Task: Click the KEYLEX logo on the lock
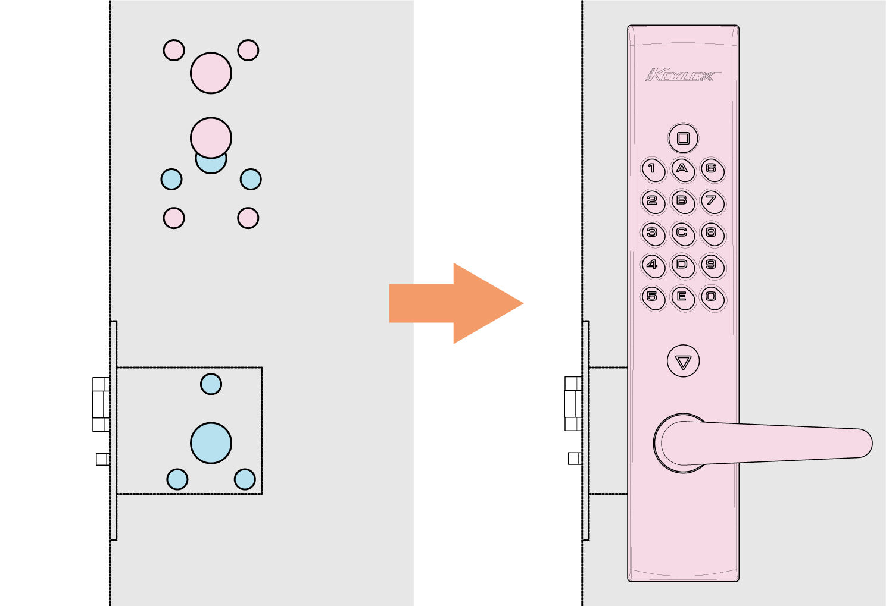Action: pos(683,74)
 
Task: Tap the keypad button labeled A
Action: pos(683,170)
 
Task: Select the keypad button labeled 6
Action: pos(713,170)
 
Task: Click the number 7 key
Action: pos(713,202)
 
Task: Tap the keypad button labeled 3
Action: pos(653,234)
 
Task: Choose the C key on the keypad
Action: pos(683,234)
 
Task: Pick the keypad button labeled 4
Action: pos(653,266)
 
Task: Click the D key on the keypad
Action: pos(683,266)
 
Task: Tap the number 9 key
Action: pos(713,266)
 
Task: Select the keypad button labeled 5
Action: pos(653,298)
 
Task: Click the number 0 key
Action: pos(713,298)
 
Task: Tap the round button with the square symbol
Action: pos(683,138)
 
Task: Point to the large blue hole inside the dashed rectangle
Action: pos(211,443)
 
